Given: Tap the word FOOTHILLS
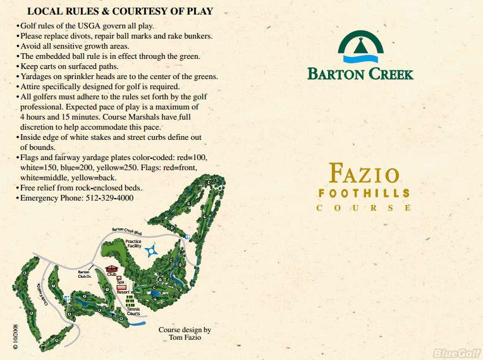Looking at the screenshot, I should [x=364, y=192].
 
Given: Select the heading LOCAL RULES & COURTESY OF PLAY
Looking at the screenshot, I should [x=120, y=11].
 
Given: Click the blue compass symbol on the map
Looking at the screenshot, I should [x=151, y=252].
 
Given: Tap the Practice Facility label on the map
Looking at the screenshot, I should [x=133, y=244].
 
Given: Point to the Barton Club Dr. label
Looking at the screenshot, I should [x=85, y=274].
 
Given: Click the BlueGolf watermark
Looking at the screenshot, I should [x=454, y=352].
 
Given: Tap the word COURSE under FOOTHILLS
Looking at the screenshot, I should [x=364, y=208].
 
